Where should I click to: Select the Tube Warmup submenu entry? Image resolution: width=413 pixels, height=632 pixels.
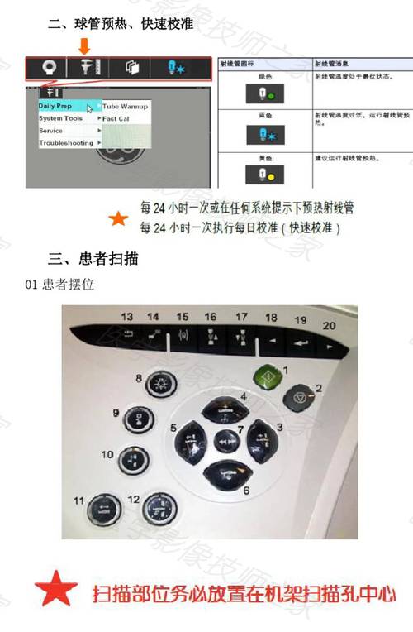(x=126, y=107)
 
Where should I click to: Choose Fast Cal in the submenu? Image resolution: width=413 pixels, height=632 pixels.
(x=116, y=118)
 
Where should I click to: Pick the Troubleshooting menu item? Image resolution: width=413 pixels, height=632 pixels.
(x=66, y=143)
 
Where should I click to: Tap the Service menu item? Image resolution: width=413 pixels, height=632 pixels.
(x=52, y=131)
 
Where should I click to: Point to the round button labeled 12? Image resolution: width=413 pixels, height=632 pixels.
(x=156, y=506)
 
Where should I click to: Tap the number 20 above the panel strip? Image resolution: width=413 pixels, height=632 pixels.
(x=329, y=326)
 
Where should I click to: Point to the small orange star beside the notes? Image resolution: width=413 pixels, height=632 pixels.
(x=119, y=218)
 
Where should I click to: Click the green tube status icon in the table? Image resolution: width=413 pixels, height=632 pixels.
(x=263, y=96)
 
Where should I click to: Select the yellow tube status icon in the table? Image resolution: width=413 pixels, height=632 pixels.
(x=263, y=175)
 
